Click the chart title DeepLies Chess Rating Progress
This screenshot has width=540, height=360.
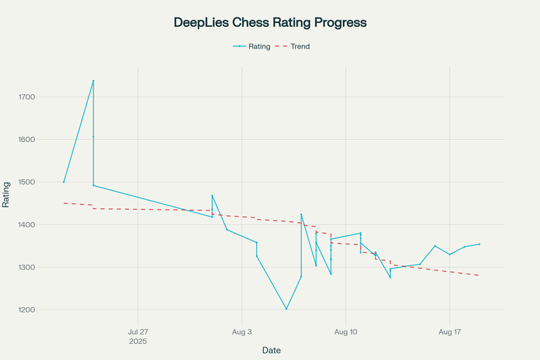click(x=270, y=22)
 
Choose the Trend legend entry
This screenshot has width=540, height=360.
click(x=300, y=47)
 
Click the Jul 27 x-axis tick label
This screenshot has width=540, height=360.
click(x=138, y=332)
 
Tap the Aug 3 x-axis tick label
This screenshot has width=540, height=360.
click(x=242, y=332)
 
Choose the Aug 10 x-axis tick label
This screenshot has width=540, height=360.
click(x=346, y=332)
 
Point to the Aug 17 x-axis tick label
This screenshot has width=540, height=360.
click(x=450, y=332)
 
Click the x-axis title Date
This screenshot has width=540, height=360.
click(x=271, y=351)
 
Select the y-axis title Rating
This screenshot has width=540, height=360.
click(x=7, y=194)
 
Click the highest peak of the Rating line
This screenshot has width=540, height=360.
click(x=93, y=81)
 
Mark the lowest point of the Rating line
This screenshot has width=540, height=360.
click(x=286, y=309)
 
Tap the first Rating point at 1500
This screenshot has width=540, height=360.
click(x=64, y=182)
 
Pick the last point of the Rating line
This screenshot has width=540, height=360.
click(x=479, y=244)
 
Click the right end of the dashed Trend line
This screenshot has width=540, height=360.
click(x=479, y=276)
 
